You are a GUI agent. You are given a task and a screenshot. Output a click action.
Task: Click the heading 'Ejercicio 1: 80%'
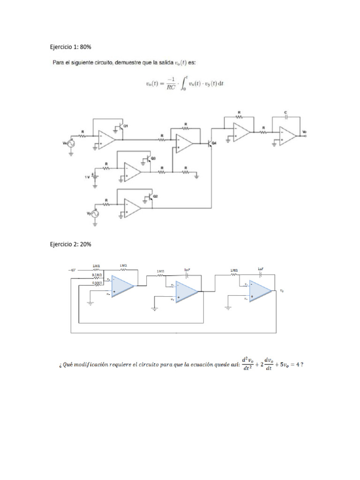point(71,47)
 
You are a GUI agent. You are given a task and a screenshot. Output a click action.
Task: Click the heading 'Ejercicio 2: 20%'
point(71,244)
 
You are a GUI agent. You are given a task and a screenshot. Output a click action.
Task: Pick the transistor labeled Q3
point(149,160)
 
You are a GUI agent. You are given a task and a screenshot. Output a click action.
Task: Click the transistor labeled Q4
point(210,143)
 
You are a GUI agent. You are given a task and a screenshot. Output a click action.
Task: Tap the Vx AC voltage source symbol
point(71,143)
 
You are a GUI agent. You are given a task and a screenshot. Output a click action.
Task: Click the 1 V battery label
point(86,177)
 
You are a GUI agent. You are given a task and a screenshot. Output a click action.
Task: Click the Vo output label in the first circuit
point(305,132)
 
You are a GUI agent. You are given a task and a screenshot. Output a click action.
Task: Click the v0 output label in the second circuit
point(282,291)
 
